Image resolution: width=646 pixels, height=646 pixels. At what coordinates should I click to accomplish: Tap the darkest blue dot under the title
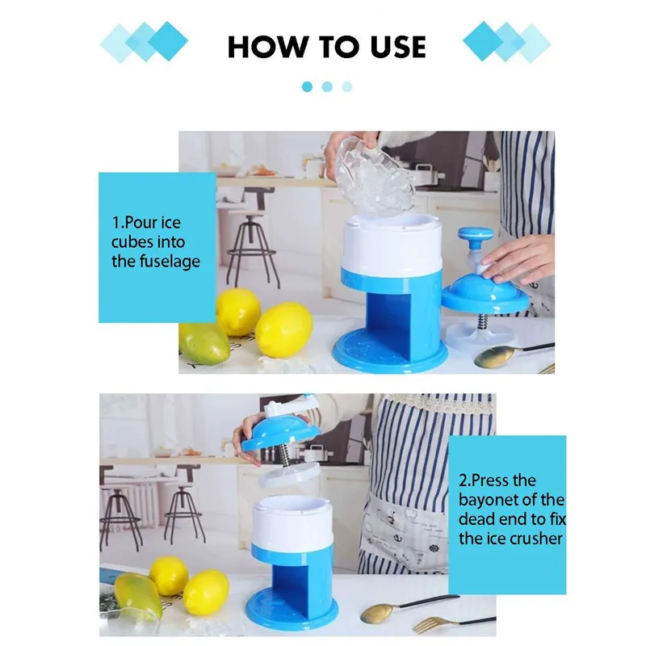pyautogui.click(x=307, y=86)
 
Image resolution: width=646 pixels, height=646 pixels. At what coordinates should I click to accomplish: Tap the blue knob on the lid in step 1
pyautogui.click(x=475, y=236)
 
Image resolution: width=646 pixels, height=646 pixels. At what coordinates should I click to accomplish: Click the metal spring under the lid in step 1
pyautogui.click(x=482, y=321)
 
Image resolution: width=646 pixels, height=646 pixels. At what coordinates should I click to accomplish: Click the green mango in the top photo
pyautogui.click(x=203, y=342)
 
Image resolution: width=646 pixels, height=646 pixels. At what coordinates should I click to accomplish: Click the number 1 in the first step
pyautogui.click(x=116, y=223)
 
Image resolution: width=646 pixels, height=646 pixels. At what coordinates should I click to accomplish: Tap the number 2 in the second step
pyautogui.click(x=464, y=480)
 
